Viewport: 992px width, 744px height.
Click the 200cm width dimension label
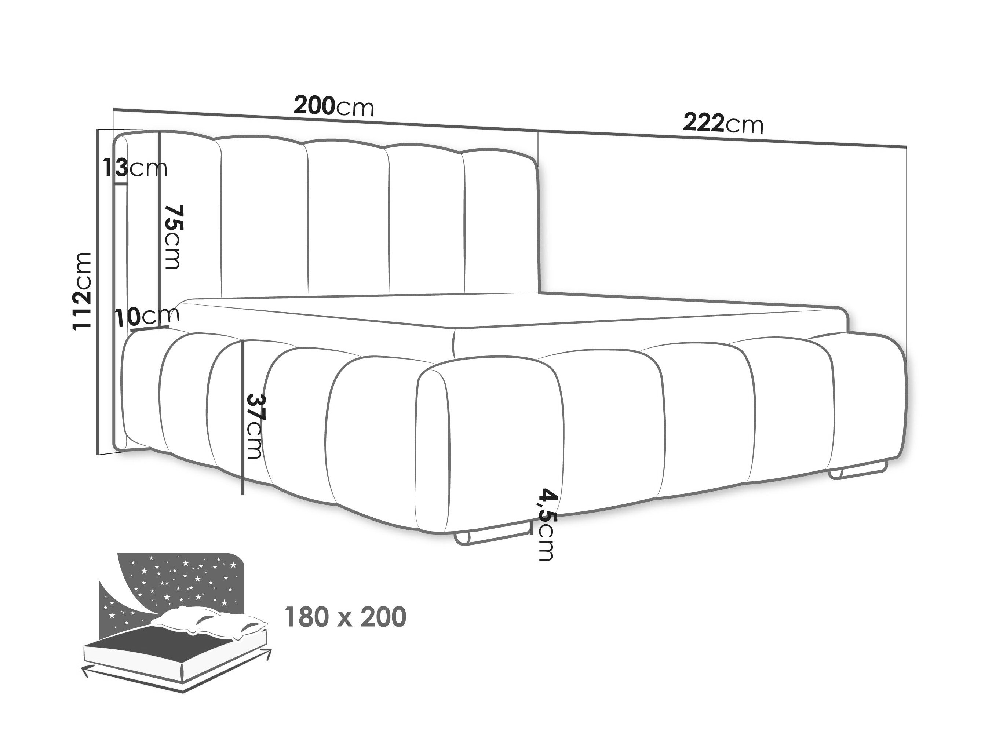pos(333,106)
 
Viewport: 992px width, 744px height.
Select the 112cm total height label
pos(83,291)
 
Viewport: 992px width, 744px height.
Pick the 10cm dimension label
pos(147,317)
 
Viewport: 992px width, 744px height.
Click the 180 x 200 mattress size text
pos(346,617)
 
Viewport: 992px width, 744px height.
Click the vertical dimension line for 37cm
pos(242,417)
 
